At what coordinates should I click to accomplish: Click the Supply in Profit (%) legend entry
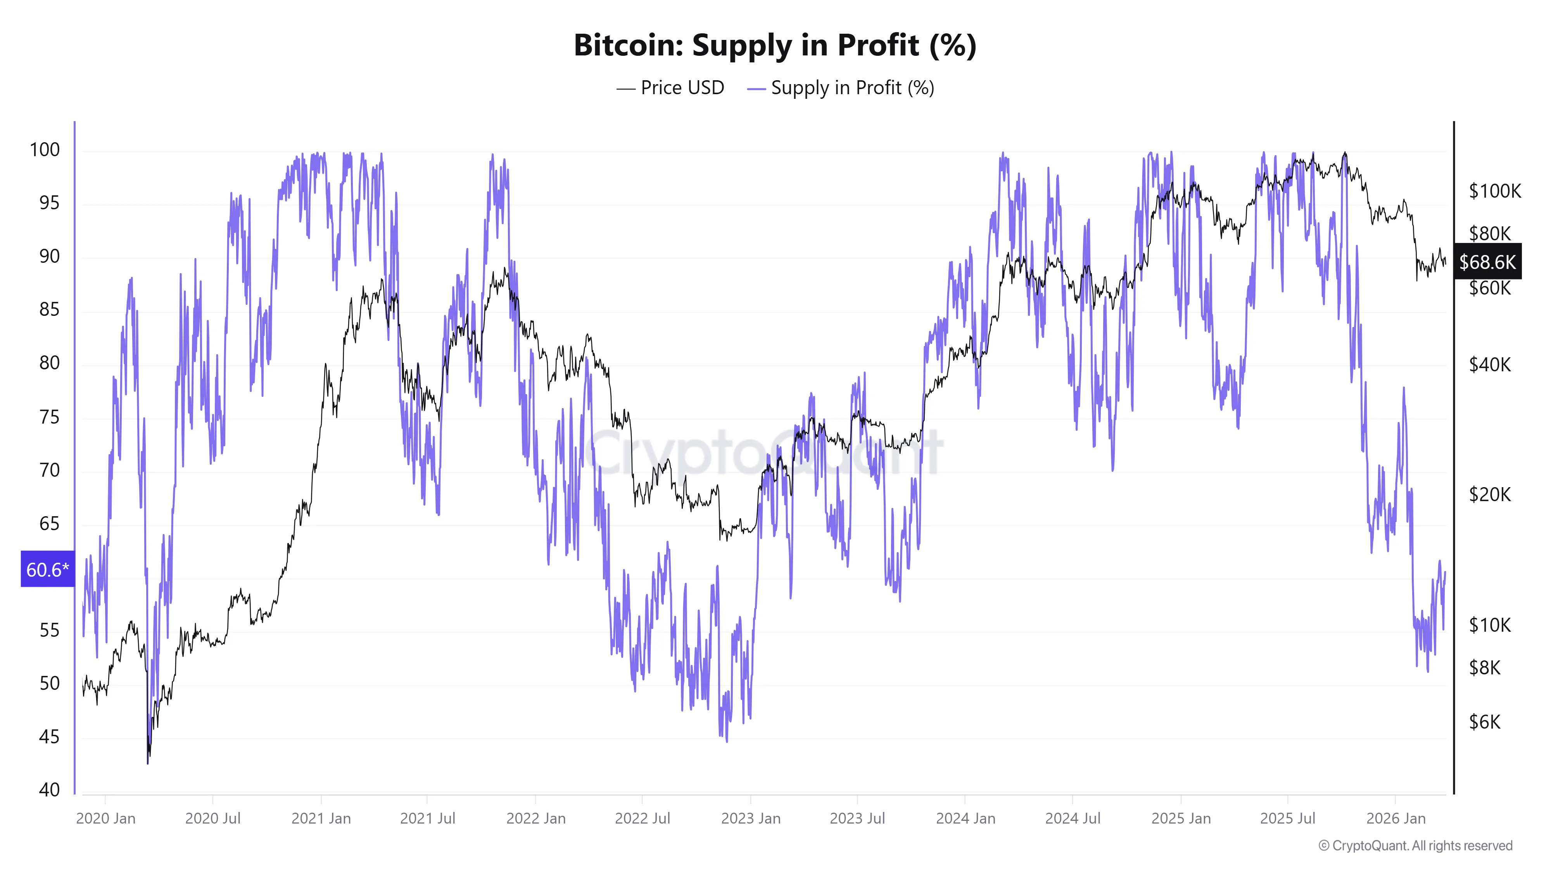pyautogui.click(x=841, y=88)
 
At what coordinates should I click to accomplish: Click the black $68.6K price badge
pyautogui.click(x=1487, y=262)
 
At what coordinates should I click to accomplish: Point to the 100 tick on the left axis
pyautogui.click(x=45, y=150)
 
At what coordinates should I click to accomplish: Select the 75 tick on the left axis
pyautogui.click(x=49, y=417)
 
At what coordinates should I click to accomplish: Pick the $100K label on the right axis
pyautogui.click(x=1494, y=191)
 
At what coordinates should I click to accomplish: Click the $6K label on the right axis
pyautogui.click(x=1485, y=722)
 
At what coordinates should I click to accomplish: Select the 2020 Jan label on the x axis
pyautogui.click(x=105, y=819)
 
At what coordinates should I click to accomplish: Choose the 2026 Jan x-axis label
pyautogui.click(x=1396, y=819)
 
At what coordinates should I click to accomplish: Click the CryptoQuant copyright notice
pyautogui.click(x=1415, y=846)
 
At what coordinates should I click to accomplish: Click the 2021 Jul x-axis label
pyautogui.click(x=427, y=819)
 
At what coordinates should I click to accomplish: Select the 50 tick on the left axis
pyautogui.click(x=49, y=684)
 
